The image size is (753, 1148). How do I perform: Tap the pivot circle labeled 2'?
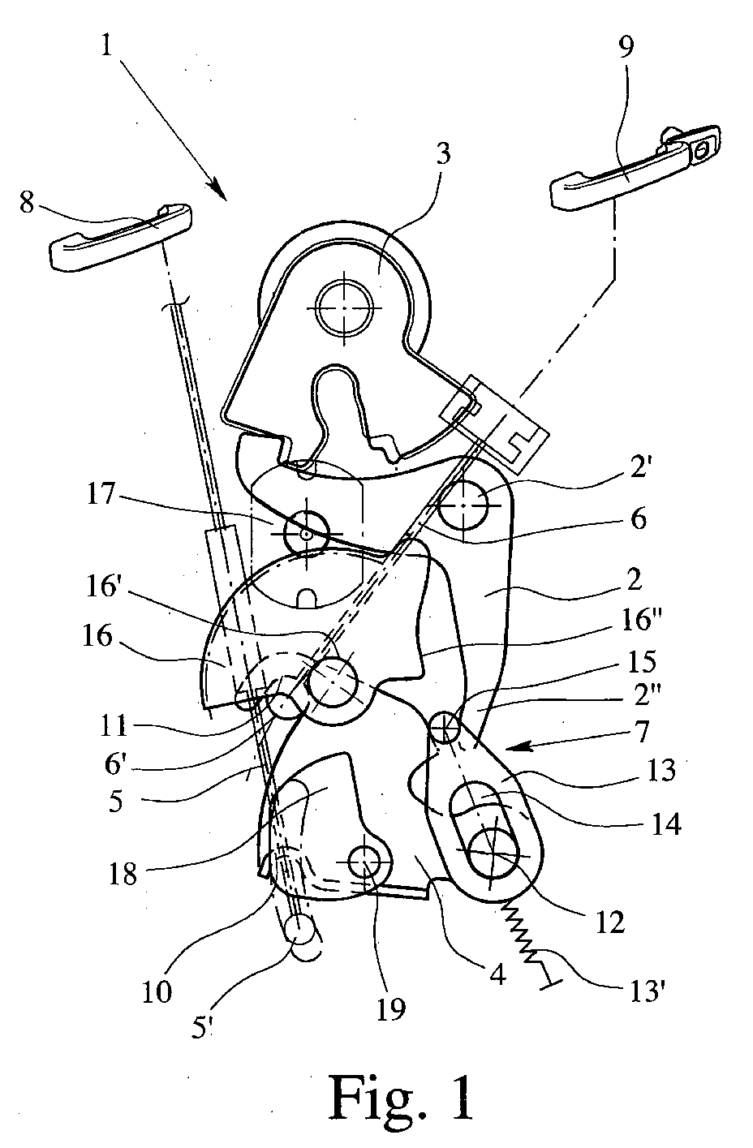[x=463, y=505]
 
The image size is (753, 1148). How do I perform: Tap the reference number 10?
[x=158, y=992]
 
